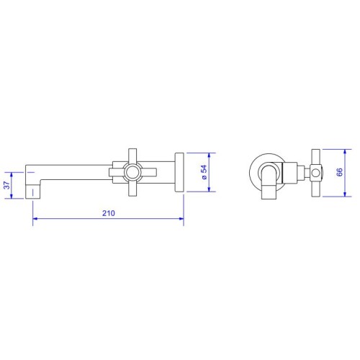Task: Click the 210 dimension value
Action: pos(109,213)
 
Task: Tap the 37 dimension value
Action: pos(7,185)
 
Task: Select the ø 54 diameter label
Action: pos(204,172)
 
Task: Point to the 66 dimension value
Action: pos(340,172)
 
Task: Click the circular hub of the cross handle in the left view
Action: pos(132,172)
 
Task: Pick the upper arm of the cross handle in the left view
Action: pos(132,156)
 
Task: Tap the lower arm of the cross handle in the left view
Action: pos(132,188)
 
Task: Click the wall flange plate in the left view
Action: pos(179,172)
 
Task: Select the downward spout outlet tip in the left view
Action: pos(32,192)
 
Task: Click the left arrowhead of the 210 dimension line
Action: pos(35,219)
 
